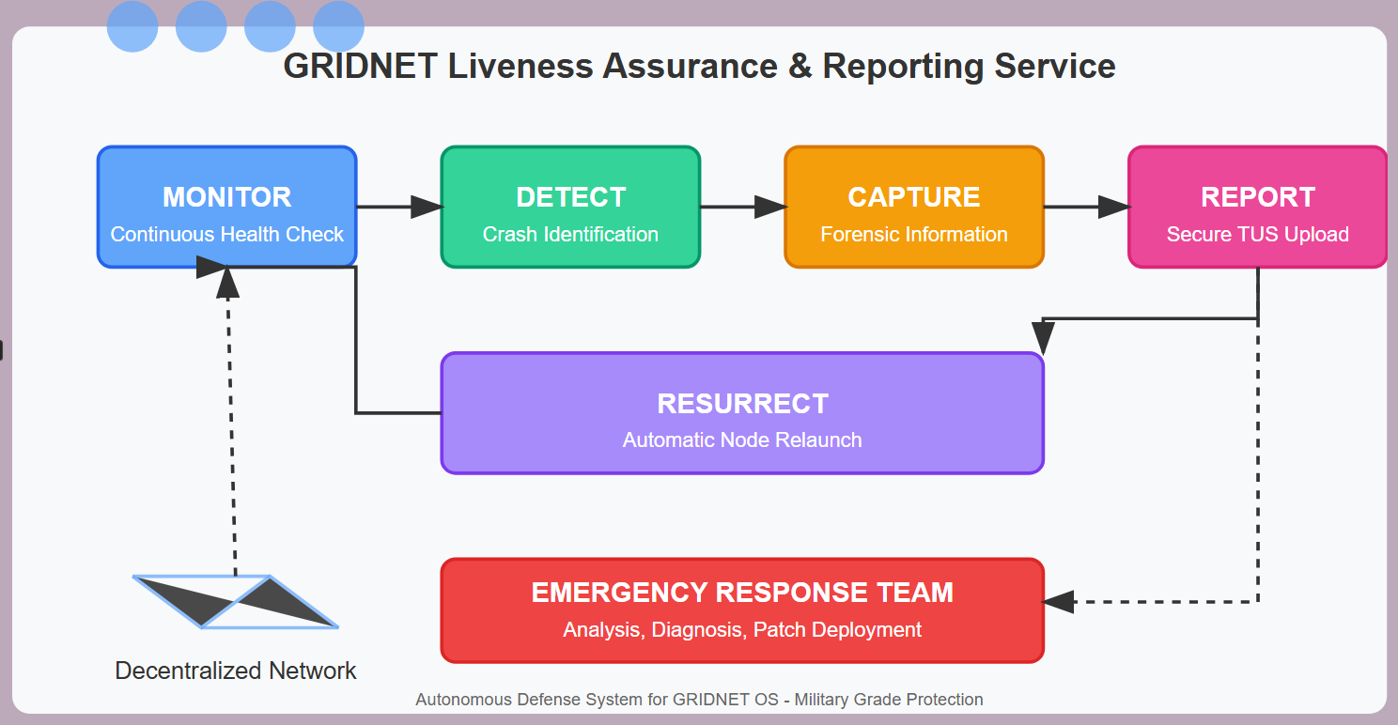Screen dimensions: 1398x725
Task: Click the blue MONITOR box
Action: click(x=227, y=208)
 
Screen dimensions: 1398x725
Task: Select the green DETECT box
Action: click(x=570, y=208)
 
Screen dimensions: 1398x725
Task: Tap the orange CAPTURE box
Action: click(x=914, y=208)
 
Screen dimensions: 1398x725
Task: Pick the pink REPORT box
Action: click(x=1258, y=208)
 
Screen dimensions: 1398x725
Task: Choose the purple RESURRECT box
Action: click(x=742, y=413)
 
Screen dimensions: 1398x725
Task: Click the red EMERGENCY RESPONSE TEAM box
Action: click(x=742, y=610)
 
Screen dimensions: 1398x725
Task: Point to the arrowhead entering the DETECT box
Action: click(x=427, y=207)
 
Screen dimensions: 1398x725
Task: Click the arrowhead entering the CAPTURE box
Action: click(x=770, y=207)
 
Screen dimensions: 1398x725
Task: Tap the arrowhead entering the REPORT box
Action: click(x=1114, y=207)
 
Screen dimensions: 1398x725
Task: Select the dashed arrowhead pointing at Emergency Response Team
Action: click(x=1059, y=602)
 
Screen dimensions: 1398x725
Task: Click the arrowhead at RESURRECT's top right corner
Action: click(x=1043, y=338)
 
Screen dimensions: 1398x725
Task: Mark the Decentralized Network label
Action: click(x=235, y=671)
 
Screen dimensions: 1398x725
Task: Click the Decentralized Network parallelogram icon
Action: click(x=235, y=601)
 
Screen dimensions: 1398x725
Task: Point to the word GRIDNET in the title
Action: click(x=360, y=66)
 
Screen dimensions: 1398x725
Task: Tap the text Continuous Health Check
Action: click(x=227, y=234)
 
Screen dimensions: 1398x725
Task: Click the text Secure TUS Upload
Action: click(x=1258, y=234)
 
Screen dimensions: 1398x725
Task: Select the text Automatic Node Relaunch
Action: click(x=742, y=440)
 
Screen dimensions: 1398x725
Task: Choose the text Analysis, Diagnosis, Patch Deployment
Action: click(x=742, y=629)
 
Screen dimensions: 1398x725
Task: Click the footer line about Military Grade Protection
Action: click(x=699, y=700)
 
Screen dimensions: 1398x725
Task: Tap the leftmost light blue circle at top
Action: click(x=132, y=26)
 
